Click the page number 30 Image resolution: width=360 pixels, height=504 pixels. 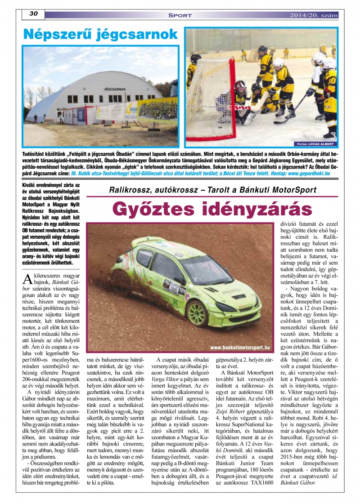[x=33, y=14]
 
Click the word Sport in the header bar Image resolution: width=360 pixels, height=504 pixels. [x=180, y=15]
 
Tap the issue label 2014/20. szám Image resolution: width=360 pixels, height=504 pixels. [x=314, y=15]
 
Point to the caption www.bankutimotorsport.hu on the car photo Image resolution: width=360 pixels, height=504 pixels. [x=240, y=347]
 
